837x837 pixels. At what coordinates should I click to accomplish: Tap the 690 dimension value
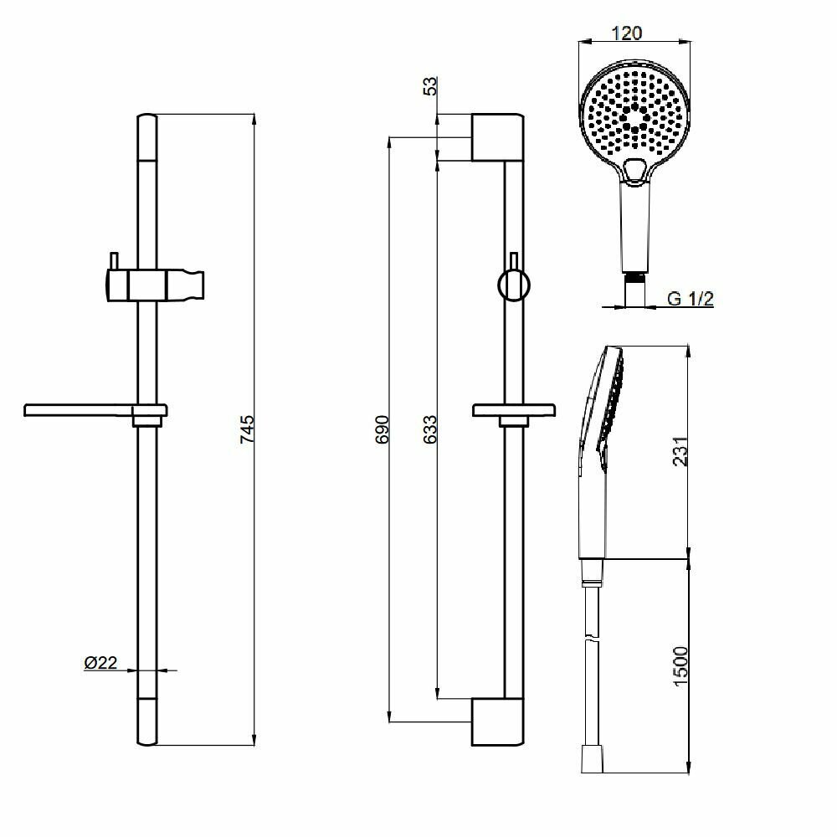pos(382,429)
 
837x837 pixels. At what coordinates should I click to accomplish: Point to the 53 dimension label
pos(430,86)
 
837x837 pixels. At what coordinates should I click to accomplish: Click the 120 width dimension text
pos(628,33)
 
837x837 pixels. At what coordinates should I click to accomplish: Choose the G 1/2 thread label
pos(691,299)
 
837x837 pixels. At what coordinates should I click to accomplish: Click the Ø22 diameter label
pos(100,663)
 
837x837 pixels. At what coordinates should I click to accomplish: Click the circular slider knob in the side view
pos(513,284)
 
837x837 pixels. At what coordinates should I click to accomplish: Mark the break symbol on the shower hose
pos(593,643)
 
